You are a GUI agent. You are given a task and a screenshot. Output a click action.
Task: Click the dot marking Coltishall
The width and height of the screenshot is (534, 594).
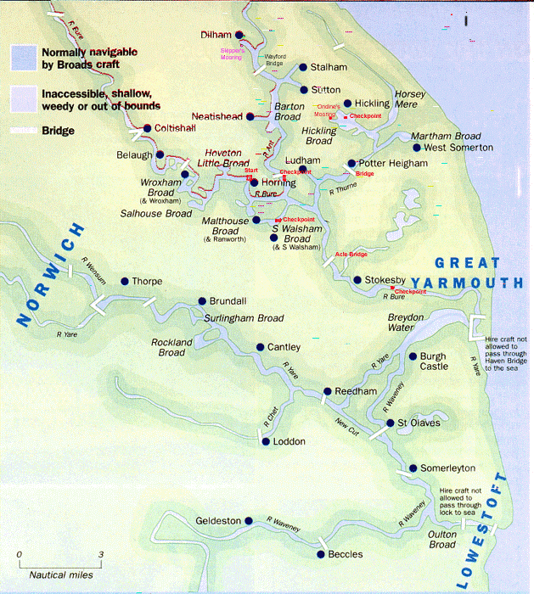tap(147, 128)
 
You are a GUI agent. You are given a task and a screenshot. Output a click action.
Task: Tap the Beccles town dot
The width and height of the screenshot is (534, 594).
tap(320, 554)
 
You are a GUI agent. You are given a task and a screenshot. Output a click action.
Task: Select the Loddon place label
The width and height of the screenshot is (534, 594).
tap(289, 442)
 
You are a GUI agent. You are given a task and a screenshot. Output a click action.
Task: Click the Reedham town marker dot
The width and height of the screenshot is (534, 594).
tap(326, 392)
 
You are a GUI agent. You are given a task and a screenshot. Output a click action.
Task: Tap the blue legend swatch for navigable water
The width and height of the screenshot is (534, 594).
tap(22, 58)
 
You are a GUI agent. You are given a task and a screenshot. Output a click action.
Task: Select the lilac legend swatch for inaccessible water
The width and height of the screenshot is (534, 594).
tap(22, 98)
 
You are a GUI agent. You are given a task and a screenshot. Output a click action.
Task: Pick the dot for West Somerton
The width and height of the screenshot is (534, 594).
tap(416, 148)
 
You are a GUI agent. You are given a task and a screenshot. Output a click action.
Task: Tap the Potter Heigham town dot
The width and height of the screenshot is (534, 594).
tap(351, 164)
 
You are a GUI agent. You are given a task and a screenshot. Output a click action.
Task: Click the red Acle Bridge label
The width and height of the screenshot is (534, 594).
tap(351, 254)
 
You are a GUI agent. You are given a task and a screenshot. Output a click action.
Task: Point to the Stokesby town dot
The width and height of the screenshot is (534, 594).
tap(357, 279)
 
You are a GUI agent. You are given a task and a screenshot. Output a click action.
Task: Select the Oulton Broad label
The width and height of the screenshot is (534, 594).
tap(441, 540)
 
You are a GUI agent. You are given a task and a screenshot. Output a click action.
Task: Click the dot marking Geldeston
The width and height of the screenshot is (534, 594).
tap(249, 521)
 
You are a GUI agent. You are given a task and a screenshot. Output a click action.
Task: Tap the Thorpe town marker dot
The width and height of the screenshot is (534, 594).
tap(124, 281)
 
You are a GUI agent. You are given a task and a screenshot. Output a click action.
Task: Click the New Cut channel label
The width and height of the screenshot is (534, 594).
tap(347, 422)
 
